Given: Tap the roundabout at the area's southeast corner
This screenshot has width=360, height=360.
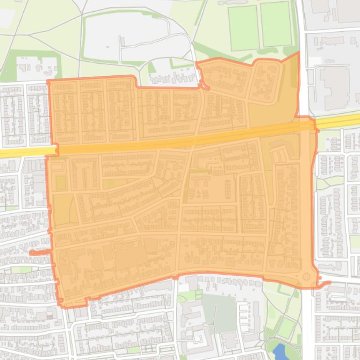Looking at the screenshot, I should [x=306, y=277].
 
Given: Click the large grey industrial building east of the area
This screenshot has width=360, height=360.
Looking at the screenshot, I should [x=334, y=86].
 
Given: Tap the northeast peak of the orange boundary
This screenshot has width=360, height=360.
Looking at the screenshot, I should [x=298, y=53].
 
